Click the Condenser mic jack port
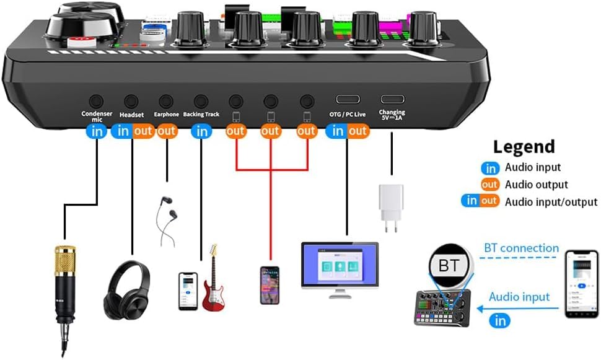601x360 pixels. (x=96, y=101)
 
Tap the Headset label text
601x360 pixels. (x=131, y=115)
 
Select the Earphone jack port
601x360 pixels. (x=166, y=101)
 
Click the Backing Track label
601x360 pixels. (x=201, y=115)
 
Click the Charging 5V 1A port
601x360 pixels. (x=392, y=99)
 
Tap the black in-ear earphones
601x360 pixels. (x=166, y=220)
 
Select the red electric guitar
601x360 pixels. (x=213, y=279)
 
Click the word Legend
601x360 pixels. (x=524, y=147)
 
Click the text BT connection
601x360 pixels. (x=521, y=248)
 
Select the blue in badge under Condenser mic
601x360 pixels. (x=97, y=131)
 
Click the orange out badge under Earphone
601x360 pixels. (x=166, y=131)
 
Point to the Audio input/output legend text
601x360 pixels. (x=551, y=201)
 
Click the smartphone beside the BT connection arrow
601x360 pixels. (x=581, y=284)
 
